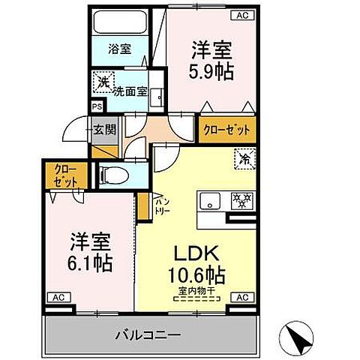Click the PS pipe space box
tap(96, 106)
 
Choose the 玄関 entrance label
tap(104, 130)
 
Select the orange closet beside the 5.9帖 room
tap(226, 130)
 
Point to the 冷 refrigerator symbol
tap(244, 159)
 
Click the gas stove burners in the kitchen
tap(242, 201)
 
